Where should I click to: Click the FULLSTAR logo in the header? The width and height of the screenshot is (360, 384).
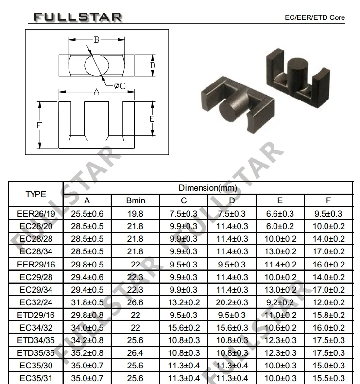click(x=78, y=17)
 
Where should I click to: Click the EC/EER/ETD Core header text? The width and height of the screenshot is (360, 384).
click(x=315, y=17)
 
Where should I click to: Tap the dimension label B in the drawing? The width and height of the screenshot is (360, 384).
click(x=97, y=40)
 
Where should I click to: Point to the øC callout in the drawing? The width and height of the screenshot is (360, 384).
click(x=120, y=86)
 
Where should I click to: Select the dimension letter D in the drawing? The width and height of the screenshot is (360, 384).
click(x=153, y=66)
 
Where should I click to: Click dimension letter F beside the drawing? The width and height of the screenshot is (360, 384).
click(x=39, y=125)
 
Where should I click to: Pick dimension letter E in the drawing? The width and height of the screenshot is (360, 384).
click(x=152, y=119)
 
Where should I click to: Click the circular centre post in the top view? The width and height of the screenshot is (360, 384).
click(x=97, y=65)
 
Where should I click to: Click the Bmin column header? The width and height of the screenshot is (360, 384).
click(x=136, y=200)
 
